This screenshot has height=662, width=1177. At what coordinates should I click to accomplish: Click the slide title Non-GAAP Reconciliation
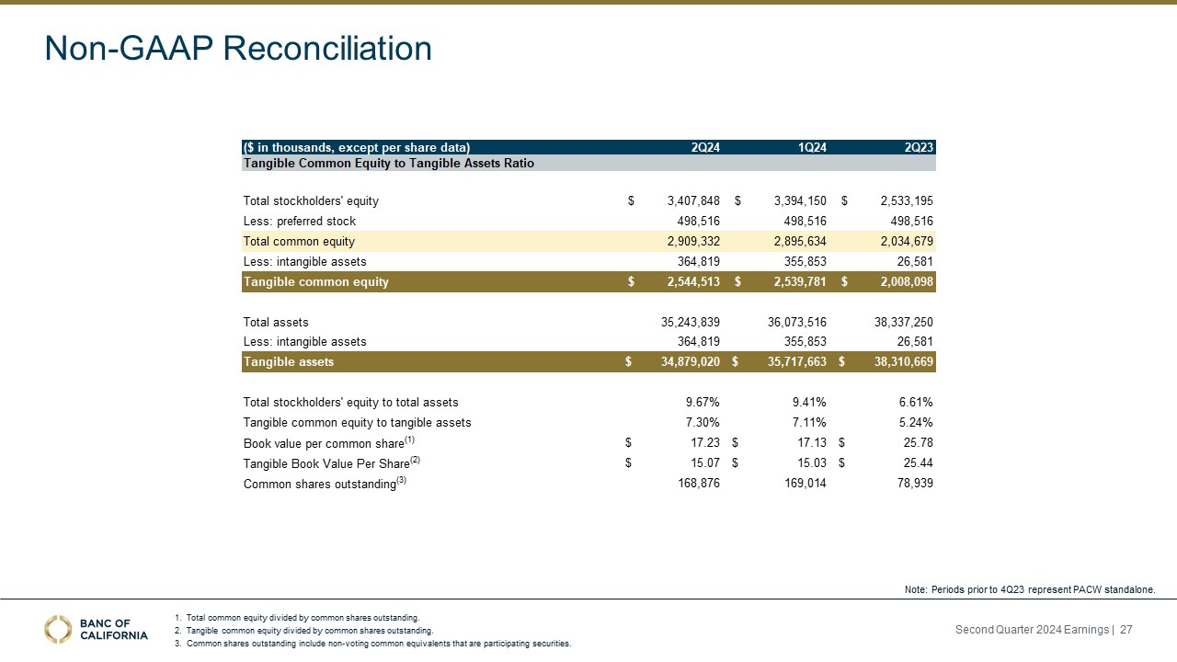[x=238, y=49]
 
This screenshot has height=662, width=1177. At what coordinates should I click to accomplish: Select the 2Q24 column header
[x=704, y=147]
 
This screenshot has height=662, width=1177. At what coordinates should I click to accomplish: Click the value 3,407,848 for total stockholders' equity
[x=686, y=200]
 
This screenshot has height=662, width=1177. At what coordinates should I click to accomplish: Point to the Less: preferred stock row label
[x=299, y=221]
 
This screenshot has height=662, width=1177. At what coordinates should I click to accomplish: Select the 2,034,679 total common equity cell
[x=899, y=241]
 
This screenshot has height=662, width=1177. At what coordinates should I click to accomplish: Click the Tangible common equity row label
[x=315, y=282]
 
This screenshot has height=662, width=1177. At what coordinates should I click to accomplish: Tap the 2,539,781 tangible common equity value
[x=793, y=282]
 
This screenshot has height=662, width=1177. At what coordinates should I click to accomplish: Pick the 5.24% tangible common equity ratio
[x=915, y=422]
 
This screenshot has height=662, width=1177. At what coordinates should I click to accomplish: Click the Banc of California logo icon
[x=59, y=629]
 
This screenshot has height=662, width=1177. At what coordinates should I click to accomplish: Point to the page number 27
[x=1126, y=629]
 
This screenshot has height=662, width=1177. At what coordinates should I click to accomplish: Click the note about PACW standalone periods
[x=1030, y=588]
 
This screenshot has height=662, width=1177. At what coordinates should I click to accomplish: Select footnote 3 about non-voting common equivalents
[x=378, y=644]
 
